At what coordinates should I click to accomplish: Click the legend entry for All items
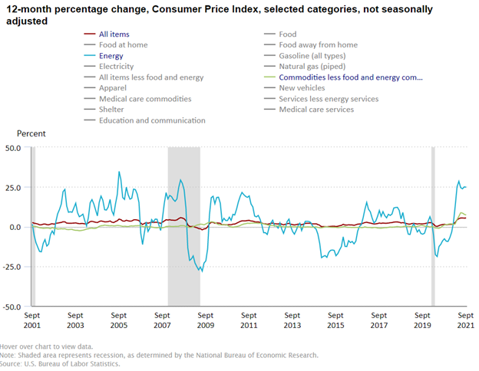114,34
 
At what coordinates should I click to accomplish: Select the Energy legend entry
112,56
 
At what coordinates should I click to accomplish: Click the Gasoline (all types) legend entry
312,56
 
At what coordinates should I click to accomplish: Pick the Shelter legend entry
113,110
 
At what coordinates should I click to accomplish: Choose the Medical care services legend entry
316,110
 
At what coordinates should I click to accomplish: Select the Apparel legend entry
114,88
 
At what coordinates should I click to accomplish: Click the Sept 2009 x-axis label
206,320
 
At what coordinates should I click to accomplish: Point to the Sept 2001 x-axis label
32,320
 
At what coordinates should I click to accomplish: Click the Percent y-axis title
31,133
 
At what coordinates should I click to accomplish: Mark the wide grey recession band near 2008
183,227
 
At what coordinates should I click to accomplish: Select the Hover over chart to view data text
46,346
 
